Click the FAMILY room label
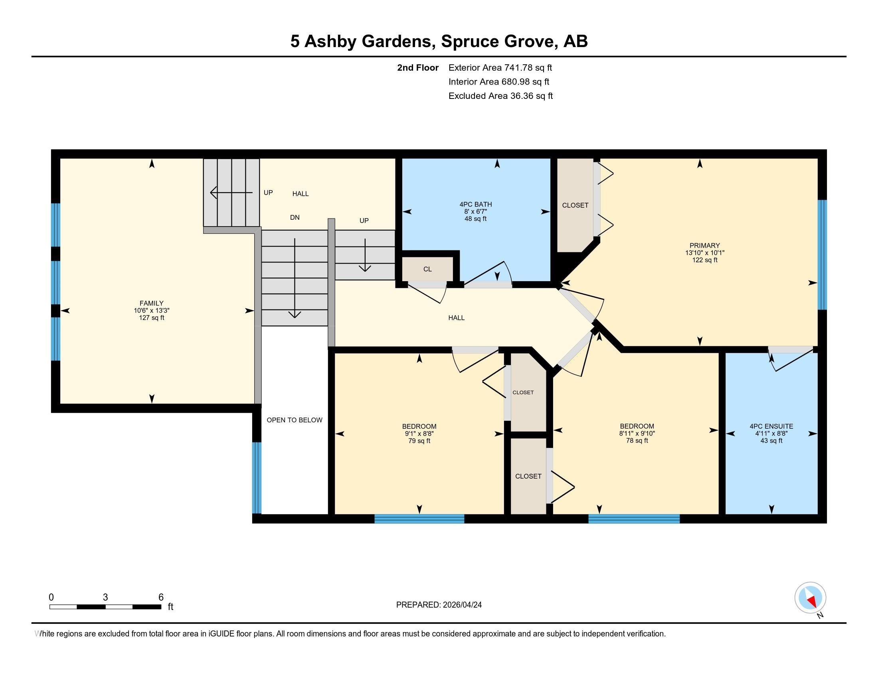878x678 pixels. (152, 303)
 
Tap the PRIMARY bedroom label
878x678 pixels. (705, 245)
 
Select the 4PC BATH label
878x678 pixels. (476, 205)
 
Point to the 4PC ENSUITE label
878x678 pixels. (771, 426)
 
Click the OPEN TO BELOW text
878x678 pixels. (295, 420)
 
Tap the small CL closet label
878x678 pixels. (427, 269)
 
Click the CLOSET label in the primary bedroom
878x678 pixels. (575, 205)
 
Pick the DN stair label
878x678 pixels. (295, 217)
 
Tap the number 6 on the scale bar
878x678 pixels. (161, 597)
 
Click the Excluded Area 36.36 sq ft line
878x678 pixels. (500, 96)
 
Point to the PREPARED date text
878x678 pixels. (439, 605)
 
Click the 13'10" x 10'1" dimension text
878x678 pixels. (705, 252)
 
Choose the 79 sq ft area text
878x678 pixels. (419, 441)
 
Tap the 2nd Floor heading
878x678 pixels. (418, 67)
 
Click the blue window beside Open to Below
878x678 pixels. (257, 478)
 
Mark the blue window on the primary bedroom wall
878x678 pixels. (822, 255)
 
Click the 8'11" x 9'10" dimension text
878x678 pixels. (637, 434)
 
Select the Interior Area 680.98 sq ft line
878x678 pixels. (499, 81)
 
